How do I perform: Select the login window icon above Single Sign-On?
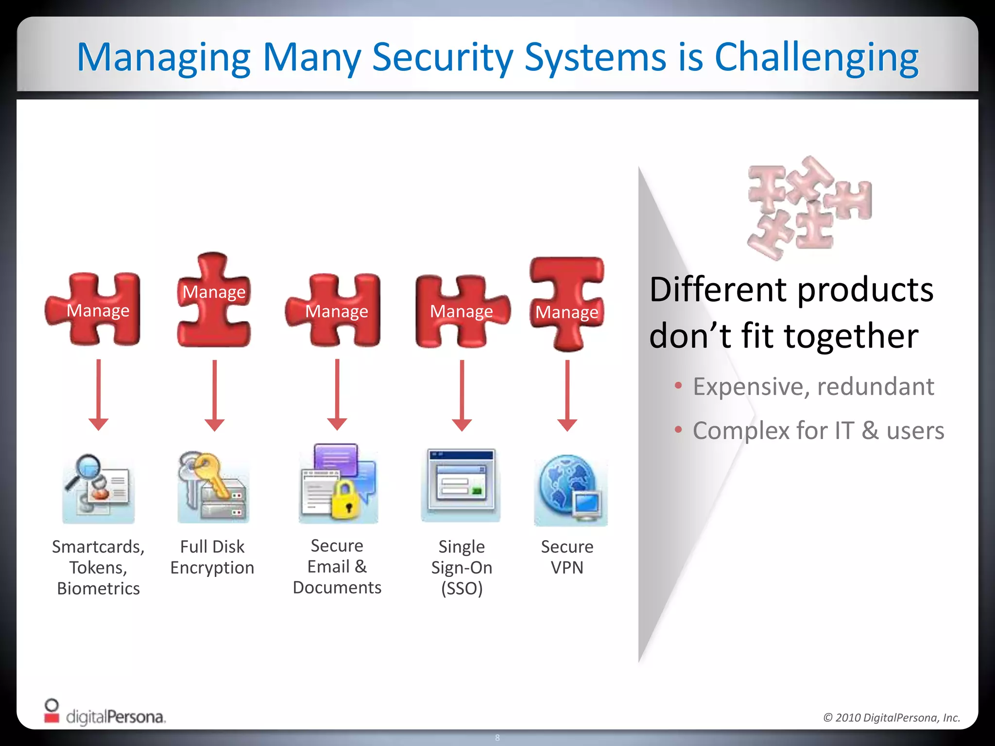coord(461,483)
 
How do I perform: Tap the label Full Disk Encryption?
coord(212,557)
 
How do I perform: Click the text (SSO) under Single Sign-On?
coord(462,589)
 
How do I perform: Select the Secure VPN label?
coord(567,557)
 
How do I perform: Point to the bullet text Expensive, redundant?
coord(813,387)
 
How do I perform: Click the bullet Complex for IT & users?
coord(818,431)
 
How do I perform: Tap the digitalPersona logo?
coord(104,714)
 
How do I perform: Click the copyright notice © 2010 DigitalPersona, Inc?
coord(892,717)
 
